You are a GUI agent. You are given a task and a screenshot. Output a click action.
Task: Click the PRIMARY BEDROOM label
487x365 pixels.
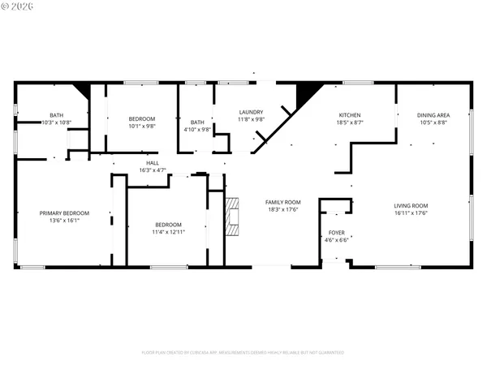(x=64, y=213)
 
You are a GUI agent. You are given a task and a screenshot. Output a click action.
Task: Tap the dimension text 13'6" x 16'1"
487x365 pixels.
(x=64, y=220)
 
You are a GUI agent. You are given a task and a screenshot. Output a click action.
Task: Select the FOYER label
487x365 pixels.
(x=336, y=233)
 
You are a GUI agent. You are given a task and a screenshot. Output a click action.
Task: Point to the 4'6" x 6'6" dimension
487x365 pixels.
(x=336, y=240)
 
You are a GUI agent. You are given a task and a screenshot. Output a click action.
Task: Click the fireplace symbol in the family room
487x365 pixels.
(x=234, y=217)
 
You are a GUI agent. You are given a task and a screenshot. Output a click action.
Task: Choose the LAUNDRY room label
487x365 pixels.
(x=250, y=112)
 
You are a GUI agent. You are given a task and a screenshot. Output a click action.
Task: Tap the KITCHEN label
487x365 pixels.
(x=350, y=115)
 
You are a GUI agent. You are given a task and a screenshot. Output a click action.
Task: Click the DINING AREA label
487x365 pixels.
(x=433, y=115)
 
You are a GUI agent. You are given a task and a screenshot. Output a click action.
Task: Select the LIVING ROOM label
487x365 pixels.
(x=411, y=206)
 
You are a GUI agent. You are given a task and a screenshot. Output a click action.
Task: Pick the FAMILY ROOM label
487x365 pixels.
(x=283, y=202)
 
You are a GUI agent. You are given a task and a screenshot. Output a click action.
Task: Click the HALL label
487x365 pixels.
(x=152, y=163)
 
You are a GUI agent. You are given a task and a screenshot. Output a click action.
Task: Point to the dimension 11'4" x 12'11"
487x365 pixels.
(x=168, y=232)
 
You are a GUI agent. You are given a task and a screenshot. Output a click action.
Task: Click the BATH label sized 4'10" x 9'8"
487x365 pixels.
(x=196, y=122)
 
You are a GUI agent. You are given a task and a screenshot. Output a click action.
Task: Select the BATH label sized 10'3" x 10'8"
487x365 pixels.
(x=57, y=115)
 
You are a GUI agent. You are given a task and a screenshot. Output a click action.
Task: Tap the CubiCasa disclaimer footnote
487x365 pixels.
(x=243, y=353)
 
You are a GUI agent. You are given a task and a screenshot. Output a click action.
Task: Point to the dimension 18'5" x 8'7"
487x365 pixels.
(x=350, y=122)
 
